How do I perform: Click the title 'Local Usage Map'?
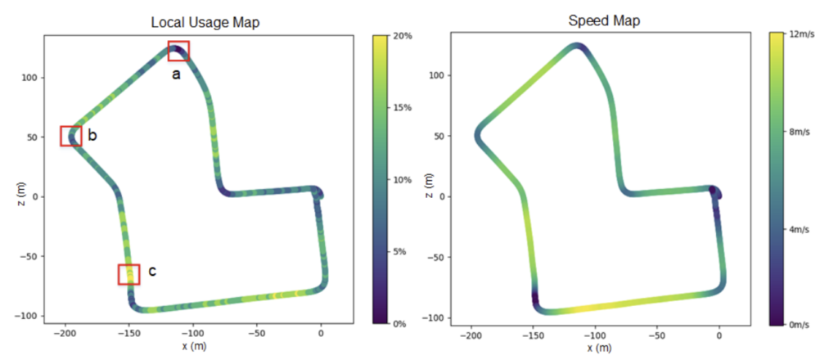point(205,22)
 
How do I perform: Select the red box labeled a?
point(178,51)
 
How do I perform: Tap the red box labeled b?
point(71,136)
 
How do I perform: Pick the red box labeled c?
point(128,274)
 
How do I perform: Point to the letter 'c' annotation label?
point(152,271)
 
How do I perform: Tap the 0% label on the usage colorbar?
point(401,324)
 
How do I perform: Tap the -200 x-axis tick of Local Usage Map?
point(64,334)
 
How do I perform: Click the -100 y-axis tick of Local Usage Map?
point(27,316)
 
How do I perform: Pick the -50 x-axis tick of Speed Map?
point(657,335)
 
